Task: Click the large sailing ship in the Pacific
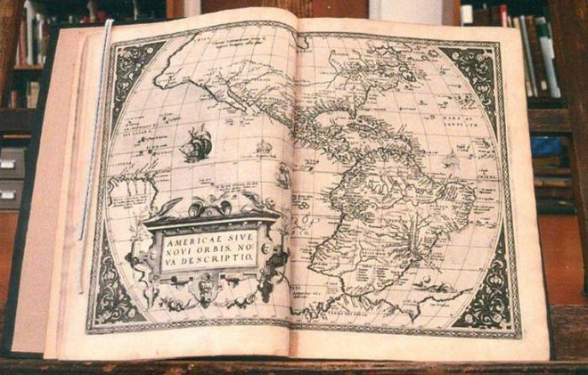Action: tap(196, 144)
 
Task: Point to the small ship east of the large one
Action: tap(264, 146)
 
